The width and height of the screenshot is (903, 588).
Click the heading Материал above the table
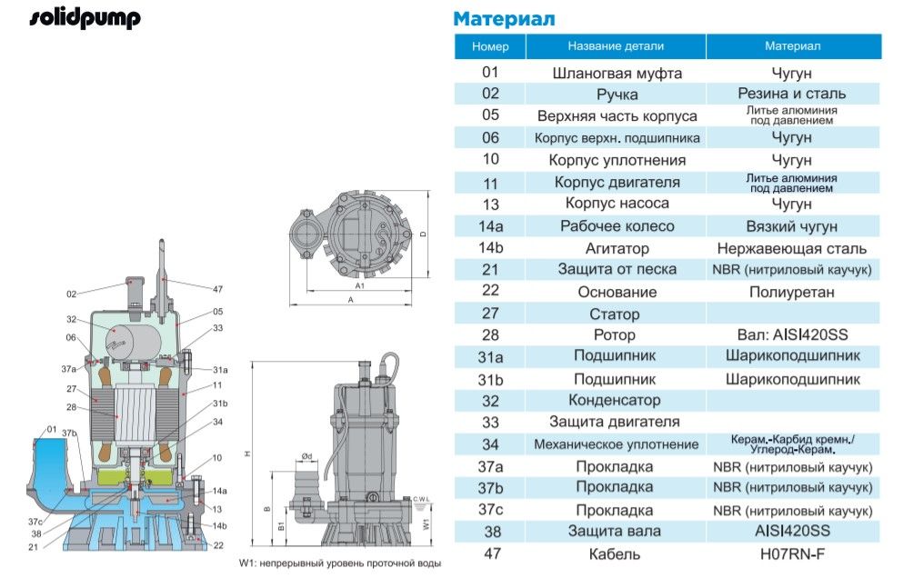point(504,19)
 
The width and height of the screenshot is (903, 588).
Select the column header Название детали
point(616,46)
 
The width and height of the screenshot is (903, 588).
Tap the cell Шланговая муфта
point(617,73)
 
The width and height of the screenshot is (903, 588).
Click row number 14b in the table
point(490,248)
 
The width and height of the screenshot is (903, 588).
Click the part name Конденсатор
point(616,401)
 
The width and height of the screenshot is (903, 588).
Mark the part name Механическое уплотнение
point(616,444)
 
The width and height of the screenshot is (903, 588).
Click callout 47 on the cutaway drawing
point(217,289)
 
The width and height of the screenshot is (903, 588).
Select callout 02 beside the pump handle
point(72,294)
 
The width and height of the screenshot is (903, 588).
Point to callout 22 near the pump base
point(217,545)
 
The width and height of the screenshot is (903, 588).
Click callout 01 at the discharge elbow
point(51,429)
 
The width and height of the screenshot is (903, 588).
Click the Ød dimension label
point(307,455)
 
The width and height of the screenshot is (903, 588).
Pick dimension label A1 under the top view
point(359,285)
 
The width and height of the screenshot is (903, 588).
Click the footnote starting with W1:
point(339,563)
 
